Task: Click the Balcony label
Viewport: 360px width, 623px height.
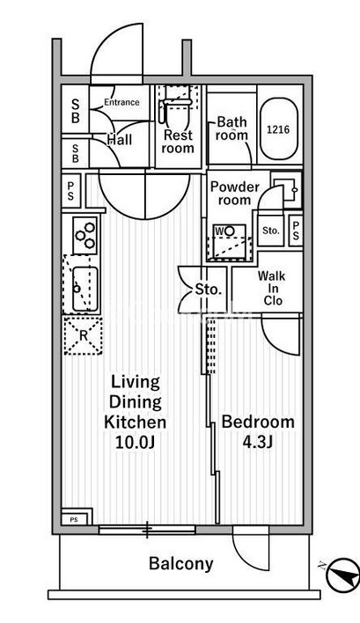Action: (180, 564)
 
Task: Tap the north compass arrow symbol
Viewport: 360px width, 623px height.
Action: (342, 575)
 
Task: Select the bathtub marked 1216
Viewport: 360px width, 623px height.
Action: (278, 128)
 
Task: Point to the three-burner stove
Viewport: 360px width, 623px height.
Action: (85, 235)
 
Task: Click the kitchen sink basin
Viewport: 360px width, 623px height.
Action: (84, 289)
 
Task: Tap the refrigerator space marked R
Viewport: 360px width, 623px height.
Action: (83, 336)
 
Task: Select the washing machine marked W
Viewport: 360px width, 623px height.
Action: (230, 242)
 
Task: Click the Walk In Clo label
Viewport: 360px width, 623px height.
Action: (271, 288)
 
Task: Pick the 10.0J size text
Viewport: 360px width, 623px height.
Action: (135, 443)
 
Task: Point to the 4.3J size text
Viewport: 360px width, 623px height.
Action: (257, 442)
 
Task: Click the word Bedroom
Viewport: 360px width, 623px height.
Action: (258, 421)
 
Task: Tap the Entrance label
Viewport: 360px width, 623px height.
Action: (121, 102)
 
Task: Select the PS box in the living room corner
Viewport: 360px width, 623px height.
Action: (77, 517)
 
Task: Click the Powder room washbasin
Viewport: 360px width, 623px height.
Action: (286, 190)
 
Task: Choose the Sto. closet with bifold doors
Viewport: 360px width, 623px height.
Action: (202, 290)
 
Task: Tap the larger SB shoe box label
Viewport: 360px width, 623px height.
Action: (75, 111)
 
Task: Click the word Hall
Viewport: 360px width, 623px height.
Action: (120, 139)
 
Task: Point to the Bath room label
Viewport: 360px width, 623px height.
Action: (231, 128)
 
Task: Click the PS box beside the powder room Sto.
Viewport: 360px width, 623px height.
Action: (295, 231)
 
